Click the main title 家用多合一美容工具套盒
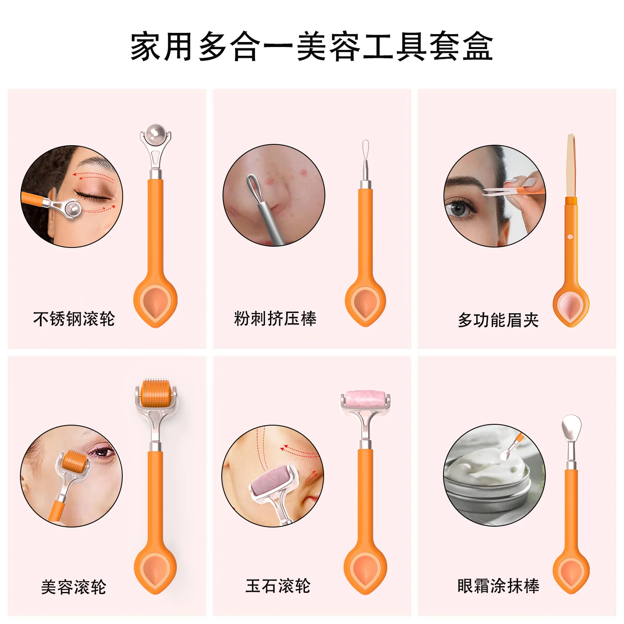tap(312, 47)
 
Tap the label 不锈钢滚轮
tap(74, 319)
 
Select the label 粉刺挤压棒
tap(275, 319)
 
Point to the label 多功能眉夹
tap(498, 320)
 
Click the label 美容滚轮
tap(74, 587)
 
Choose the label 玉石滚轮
tap(278, 586)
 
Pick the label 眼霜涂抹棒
tap(498, 586)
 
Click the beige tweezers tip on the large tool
tap(571, 164)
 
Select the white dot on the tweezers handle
tap(570, 237)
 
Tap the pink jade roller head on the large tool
tap(364, 399)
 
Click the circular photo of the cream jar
tap(494, 475)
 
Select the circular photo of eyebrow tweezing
tap(494, 196)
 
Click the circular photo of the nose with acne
tap(274, 196)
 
